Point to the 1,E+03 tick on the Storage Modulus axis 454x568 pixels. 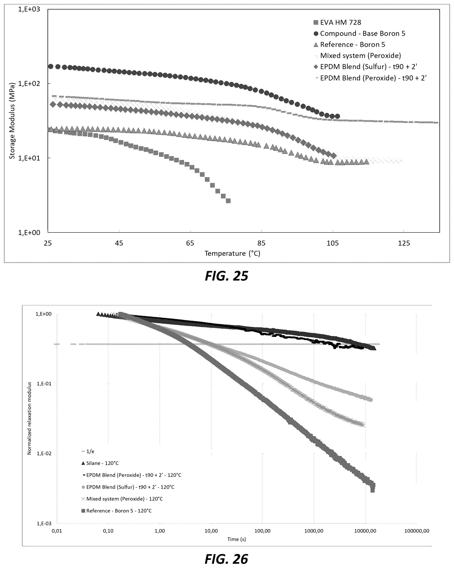click(x=29, y=10)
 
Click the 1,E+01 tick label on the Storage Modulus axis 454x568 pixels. click(x=29, y=158)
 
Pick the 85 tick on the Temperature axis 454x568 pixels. click(x=261, y=243)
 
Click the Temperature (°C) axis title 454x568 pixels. click(x=232, y=253)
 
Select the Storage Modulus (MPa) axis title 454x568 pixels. click(x=12, y=121)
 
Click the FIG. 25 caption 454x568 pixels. click(x=226, y=276)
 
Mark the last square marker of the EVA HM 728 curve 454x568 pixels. click(x=228, y=201)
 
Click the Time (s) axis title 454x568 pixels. click(x=236, y=539)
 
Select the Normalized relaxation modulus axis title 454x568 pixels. click(x=29, y=418)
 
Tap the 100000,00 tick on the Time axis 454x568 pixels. click(x=417, y=531)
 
